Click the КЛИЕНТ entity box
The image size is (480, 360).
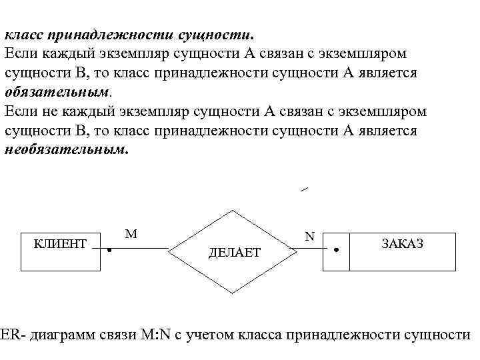pos(61,251)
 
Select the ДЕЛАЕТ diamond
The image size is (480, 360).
pos(233,252)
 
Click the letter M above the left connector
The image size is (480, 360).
pos(131,233)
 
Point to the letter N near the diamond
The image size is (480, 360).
pos(309,237)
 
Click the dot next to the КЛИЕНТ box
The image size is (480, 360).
pos(109,251)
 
